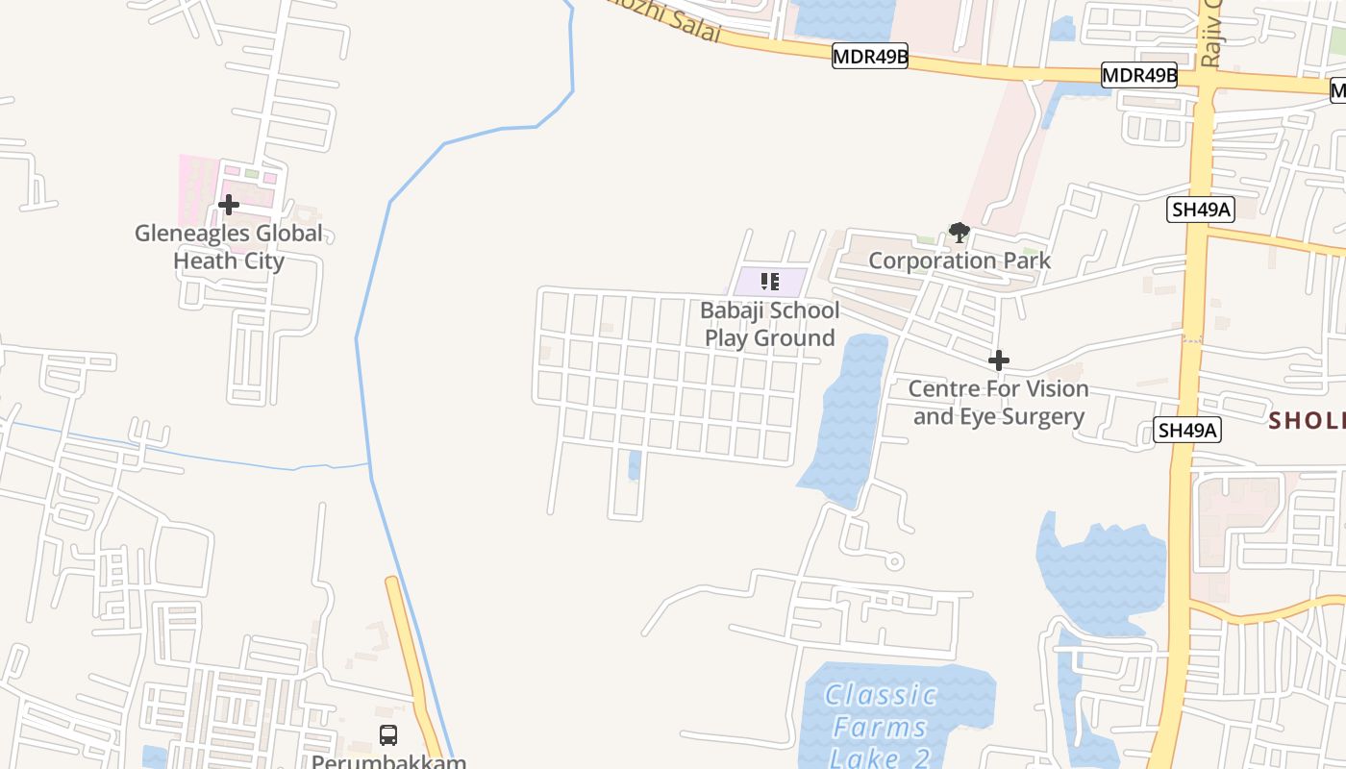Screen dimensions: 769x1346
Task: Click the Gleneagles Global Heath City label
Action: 229,247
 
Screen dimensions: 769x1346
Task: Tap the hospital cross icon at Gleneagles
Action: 228,204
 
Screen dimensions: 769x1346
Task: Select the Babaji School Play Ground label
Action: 769,324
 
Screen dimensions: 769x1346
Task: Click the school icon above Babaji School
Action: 769,282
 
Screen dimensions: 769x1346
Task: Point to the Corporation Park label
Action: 960,260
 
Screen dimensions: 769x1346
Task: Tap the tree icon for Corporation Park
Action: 959,233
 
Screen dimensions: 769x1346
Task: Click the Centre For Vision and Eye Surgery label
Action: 999,403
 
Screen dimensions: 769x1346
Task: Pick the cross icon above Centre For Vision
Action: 999,360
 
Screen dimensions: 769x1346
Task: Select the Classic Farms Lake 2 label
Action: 879,726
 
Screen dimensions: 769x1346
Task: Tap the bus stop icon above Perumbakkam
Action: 388,735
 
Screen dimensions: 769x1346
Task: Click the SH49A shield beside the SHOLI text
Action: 1187,430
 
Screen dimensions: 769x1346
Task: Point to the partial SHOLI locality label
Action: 1306,420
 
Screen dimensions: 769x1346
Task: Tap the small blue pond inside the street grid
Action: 634,465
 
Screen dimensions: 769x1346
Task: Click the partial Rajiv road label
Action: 1210,34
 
